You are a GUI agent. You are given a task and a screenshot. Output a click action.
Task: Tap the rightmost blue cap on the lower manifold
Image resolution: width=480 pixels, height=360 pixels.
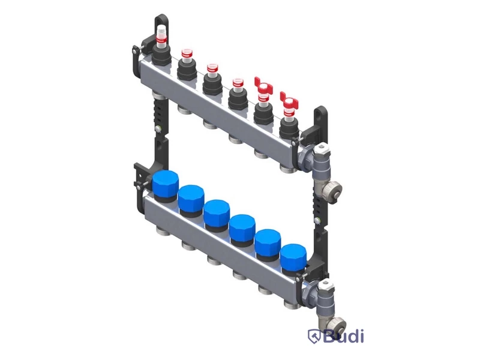click(x=293, y=256)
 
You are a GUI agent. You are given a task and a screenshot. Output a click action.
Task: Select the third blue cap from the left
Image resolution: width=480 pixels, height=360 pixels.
click(x=217, y=212)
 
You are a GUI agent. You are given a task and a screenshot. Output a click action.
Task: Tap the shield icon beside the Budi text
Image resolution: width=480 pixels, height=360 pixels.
click(x=314, y=336)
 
